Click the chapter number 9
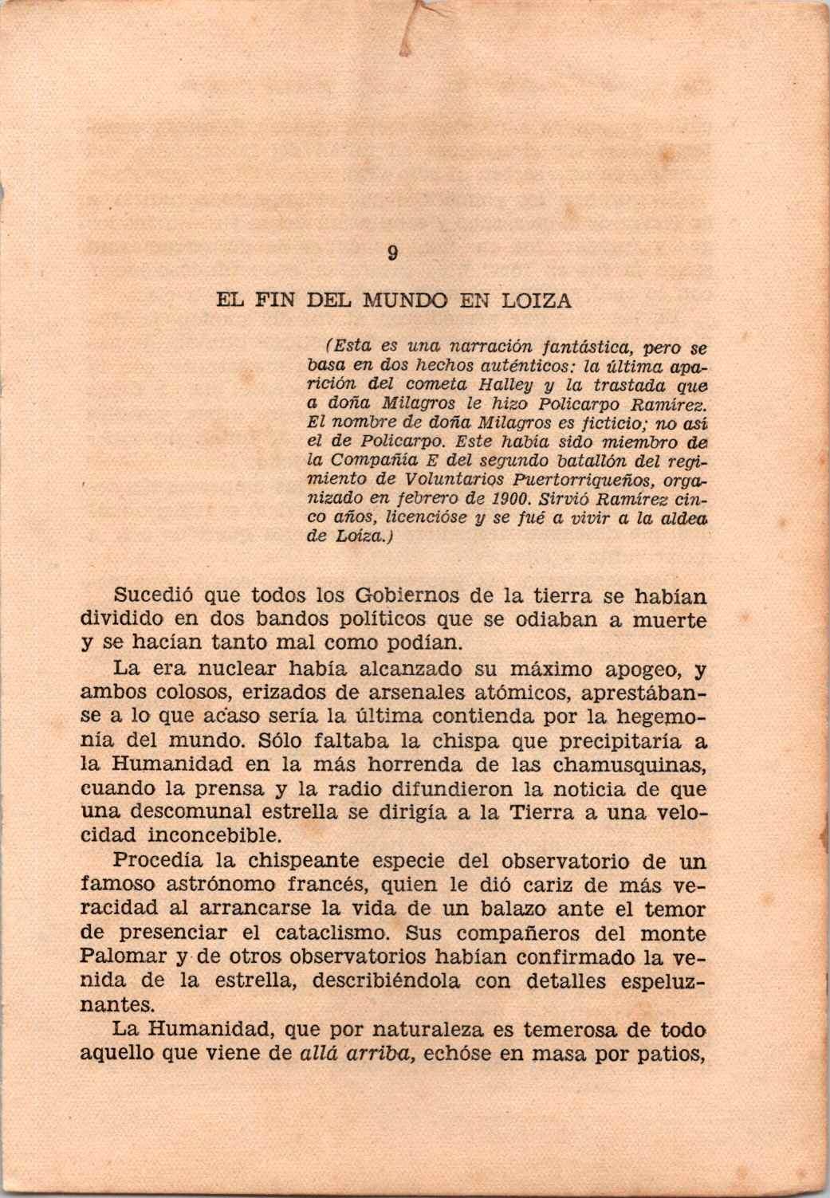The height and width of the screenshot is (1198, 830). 392,254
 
